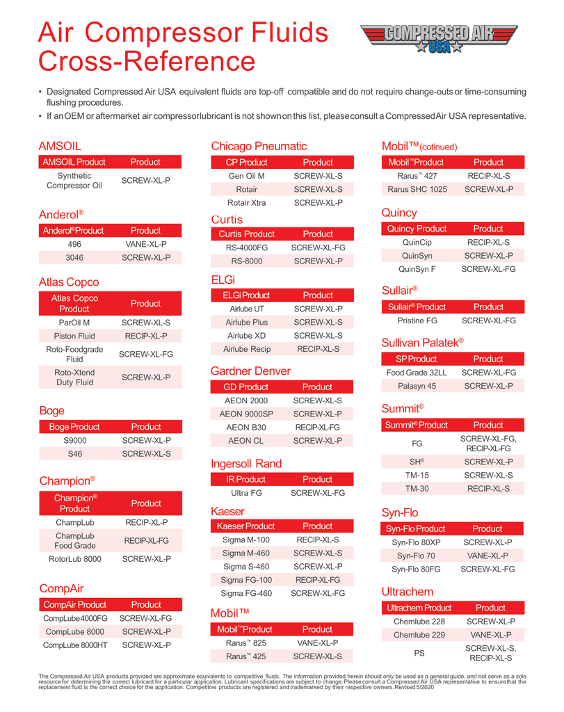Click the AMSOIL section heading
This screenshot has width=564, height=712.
(60, 146)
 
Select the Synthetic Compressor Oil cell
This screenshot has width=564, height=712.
(74, 181)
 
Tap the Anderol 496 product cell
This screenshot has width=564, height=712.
(74, 244)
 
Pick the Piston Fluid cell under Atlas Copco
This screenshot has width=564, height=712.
(74, 336)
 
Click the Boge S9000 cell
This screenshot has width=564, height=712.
(74, 440)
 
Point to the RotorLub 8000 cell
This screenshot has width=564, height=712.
(74, 558)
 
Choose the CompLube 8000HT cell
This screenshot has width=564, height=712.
(74, 645)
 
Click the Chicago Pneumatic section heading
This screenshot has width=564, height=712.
(259, 146)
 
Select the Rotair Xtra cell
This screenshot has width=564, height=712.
(246, 202)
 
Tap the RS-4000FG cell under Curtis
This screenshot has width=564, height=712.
(246, 248)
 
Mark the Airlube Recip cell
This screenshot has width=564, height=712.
(246, 349)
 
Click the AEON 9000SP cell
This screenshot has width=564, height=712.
(246, 414)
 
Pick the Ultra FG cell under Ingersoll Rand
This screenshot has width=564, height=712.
(246, 493)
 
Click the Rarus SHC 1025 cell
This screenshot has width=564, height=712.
(417, 189)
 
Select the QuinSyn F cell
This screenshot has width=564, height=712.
(417, 269)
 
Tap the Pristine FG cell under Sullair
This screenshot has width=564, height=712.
(417, 321)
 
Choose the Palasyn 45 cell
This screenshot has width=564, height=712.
(417, 386)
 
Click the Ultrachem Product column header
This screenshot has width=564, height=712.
(419, 608)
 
